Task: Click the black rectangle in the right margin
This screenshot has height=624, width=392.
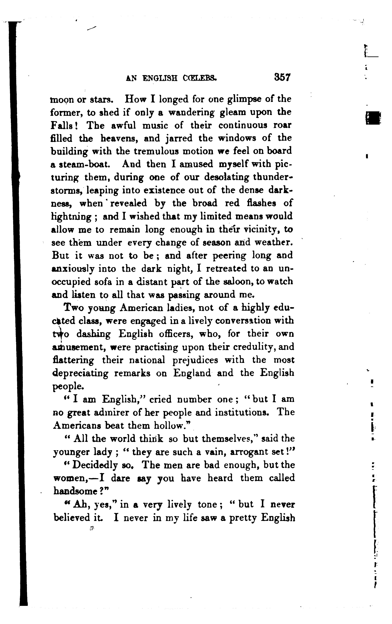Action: [x=373, y=118]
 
